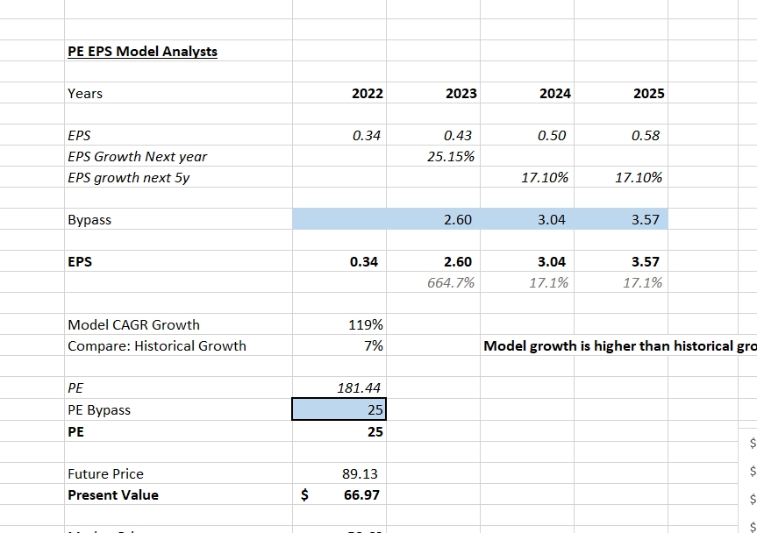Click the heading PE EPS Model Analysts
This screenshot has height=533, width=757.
coord(142,51)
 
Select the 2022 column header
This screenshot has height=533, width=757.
coord(367,94)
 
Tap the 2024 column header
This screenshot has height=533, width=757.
coord(554,94)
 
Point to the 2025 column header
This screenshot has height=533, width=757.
coord(648,94)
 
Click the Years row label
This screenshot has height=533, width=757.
coord(85,94)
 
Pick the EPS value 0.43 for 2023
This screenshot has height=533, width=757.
coord(458,136)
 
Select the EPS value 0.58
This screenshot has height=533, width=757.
coord(646,136)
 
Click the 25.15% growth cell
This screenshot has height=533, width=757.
coord(456,157)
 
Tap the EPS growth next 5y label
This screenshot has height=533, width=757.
coord(128,178)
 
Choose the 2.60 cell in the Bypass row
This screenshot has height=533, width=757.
coord(458,220)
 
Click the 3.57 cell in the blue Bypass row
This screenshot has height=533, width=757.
coord(646,220)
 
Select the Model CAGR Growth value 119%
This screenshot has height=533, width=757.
coord(367,325)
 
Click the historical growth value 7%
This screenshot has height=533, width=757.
coord(374,346)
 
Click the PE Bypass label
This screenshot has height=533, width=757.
coord(99,409)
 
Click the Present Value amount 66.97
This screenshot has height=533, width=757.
coord(361,495)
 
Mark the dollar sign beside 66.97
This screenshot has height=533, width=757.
coord(305,495)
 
